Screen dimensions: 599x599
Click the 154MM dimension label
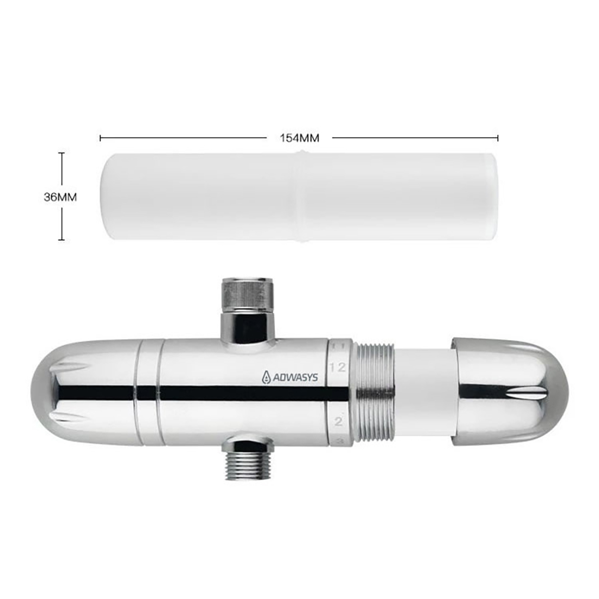(x=299, y=138)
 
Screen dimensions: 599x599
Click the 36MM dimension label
(x=60, y=197)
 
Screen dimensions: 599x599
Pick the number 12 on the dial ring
(x=338, y=366)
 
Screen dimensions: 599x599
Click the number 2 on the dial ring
(x=338, y=421)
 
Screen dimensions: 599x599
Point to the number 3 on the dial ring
(x=338, y=441)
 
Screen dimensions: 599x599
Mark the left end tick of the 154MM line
(x=101, y=138)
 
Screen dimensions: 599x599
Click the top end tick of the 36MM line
(x=62, y=153)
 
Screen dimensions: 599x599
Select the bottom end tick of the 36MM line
(x=62, y=240)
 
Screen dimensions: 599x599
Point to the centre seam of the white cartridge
(x=299, y=196)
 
